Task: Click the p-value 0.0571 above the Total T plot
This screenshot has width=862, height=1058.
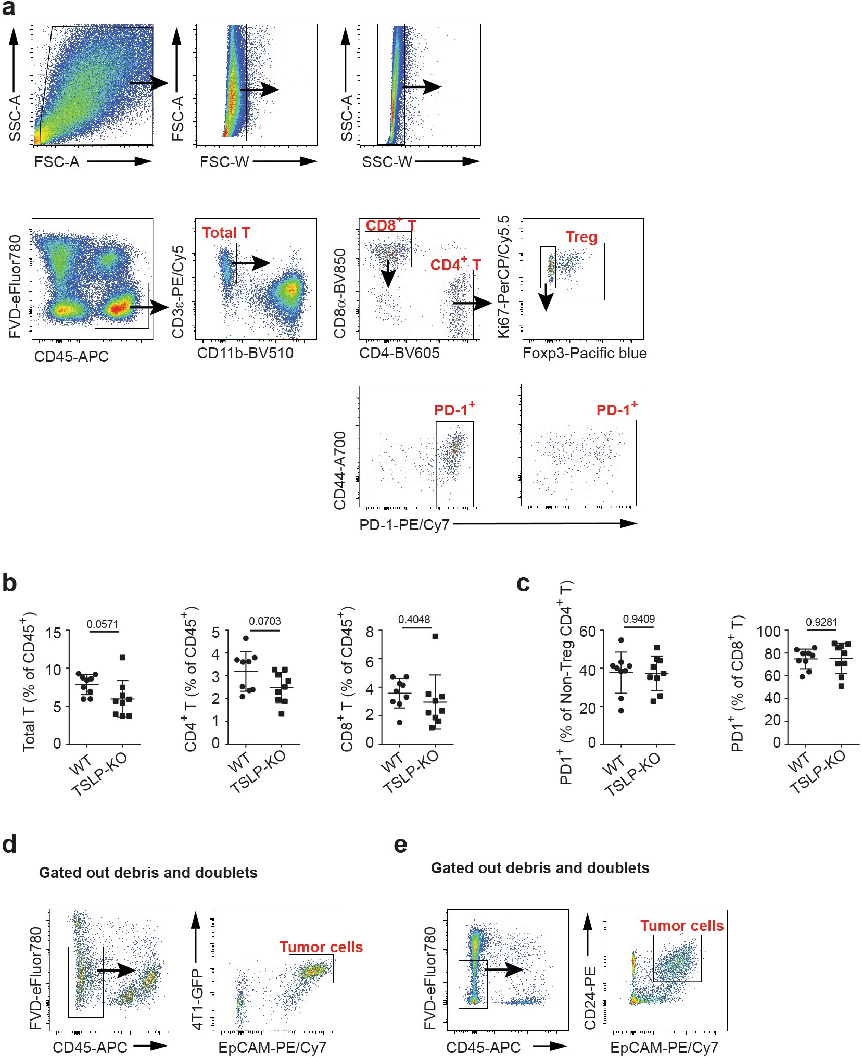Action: pos(102,624)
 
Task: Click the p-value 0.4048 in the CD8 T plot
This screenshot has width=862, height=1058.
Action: pos(414,620)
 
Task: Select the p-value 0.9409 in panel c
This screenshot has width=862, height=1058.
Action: pos(639,619)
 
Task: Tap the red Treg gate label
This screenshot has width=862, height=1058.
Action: pos(581,237)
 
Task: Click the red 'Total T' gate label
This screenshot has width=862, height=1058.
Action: pos(226,233)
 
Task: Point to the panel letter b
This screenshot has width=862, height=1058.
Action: pos(9,583)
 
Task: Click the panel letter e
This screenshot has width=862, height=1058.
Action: pos(400,845)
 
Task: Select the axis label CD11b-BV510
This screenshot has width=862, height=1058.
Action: pos(245,353)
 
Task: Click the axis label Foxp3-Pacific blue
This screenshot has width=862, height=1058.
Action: pos(585,353)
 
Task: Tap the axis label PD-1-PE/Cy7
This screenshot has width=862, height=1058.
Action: pos(404,525)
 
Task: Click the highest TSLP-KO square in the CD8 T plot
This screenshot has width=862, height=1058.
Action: pos(435,636)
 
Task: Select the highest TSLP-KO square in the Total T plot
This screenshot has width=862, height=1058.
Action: pos(122,658)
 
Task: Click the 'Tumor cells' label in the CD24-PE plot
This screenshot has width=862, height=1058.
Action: pos(681,926)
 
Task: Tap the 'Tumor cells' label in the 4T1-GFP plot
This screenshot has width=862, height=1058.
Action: pos(321,947)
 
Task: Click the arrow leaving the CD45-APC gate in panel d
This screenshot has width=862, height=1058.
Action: pos(116,970)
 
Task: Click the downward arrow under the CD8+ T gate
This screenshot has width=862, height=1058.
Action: pos(388,275)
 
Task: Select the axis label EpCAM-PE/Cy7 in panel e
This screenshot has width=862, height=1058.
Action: pos(664,1048)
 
